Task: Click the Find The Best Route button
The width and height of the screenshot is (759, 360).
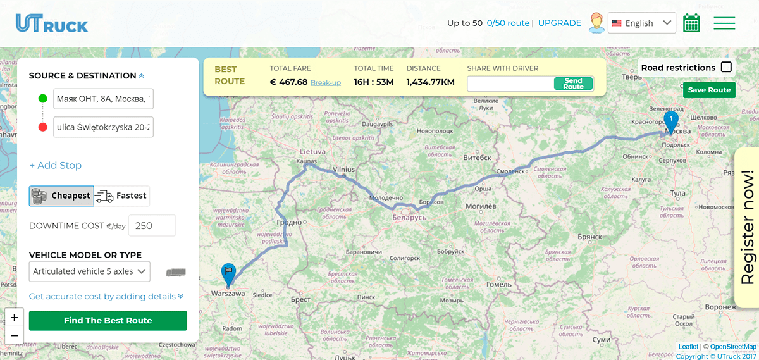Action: point(108,321)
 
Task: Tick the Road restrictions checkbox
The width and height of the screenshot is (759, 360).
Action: point(726,67)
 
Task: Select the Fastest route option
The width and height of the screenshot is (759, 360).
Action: point(122,196)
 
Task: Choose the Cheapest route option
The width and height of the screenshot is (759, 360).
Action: point(61,196)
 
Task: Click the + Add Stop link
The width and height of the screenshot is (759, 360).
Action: point(56,166)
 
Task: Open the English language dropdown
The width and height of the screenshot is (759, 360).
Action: point(641,23)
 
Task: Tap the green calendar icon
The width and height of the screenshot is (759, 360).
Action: point(691,23)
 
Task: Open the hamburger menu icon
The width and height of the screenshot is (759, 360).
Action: point(724,23)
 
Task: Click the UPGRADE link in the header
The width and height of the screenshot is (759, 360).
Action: point(559,23)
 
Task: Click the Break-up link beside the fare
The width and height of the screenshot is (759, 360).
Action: point(326,83)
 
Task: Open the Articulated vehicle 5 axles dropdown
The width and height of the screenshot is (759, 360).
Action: point(89,271)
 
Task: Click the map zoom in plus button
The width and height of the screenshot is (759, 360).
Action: point(15,318)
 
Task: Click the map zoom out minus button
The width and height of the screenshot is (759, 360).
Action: point(15,335)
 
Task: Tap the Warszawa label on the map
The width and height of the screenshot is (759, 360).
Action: point(228,294)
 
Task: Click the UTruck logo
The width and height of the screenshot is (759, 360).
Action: point(52,23)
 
